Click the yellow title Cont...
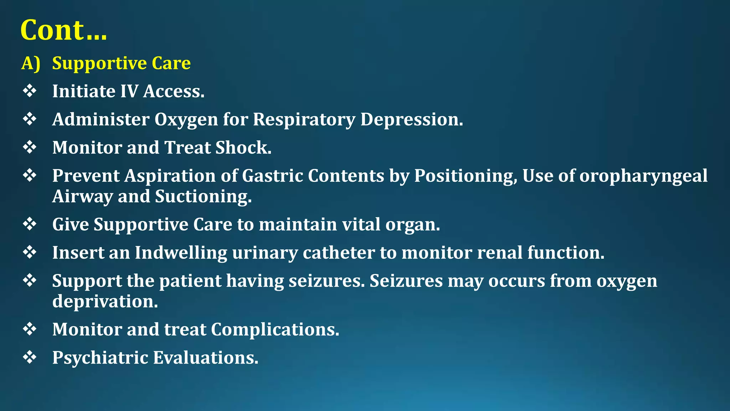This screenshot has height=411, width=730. (63, 30)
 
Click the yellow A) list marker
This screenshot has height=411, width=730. (31, 64)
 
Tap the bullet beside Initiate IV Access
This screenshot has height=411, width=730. (30, 91)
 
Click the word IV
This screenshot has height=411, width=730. (129, 91)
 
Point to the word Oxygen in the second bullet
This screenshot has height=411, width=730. (186, 120)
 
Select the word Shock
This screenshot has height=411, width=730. (243, 148)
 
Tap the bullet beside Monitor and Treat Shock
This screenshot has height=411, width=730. (30, 147)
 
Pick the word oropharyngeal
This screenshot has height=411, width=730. (643, 176)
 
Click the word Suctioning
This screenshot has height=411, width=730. (203, 197)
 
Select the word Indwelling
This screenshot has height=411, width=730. (181, 253)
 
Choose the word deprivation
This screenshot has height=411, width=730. (105, 301)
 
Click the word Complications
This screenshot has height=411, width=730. (275, 329)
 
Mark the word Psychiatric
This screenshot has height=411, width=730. (100, 358)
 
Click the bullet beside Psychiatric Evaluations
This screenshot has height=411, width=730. (30, 357)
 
